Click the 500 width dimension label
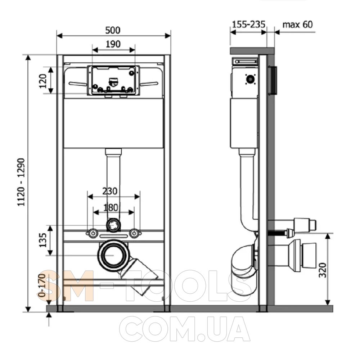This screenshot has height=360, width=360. pos(113,30)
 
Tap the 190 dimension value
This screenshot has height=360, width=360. pos(113,44)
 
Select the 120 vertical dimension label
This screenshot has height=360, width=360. pos(43,81)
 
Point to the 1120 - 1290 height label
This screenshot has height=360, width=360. pos(21,182)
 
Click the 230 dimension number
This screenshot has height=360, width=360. pos(110,191)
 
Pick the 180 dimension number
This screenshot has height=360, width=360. pos(111,208)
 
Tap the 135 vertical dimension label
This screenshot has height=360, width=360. pos(43,240)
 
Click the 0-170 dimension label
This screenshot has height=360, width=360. pos(42,285)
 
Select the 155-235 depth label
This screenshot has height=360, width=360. pos(249,24)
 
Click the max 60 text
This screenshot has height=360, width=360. pos(298,24)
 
